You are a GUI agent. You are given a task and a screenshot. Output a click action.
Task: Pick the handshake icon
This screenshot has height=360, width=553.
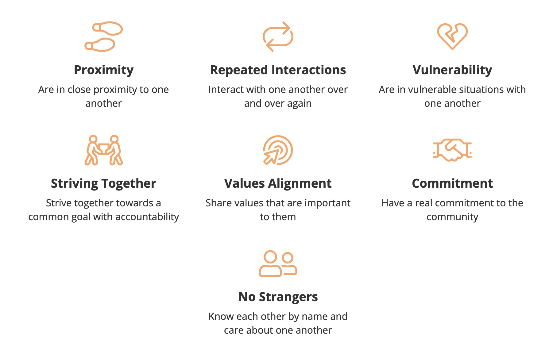452,150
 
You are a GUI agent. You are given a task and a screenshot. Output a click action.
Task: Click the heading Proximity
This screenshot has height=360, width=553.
104,70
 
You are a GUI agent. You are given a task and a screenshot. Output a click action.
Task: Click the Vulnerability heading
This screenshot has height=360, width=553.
452,70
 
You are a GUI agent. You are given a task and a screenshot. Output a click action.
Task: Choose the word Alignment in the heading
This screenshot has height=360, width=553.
300,184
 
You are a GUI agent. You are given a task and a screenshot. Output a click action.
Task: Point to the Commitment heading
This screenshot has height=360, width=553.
452,183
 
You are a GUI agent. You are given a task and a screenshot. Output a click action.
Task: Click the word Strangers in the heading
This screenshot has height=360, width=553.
288,297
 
